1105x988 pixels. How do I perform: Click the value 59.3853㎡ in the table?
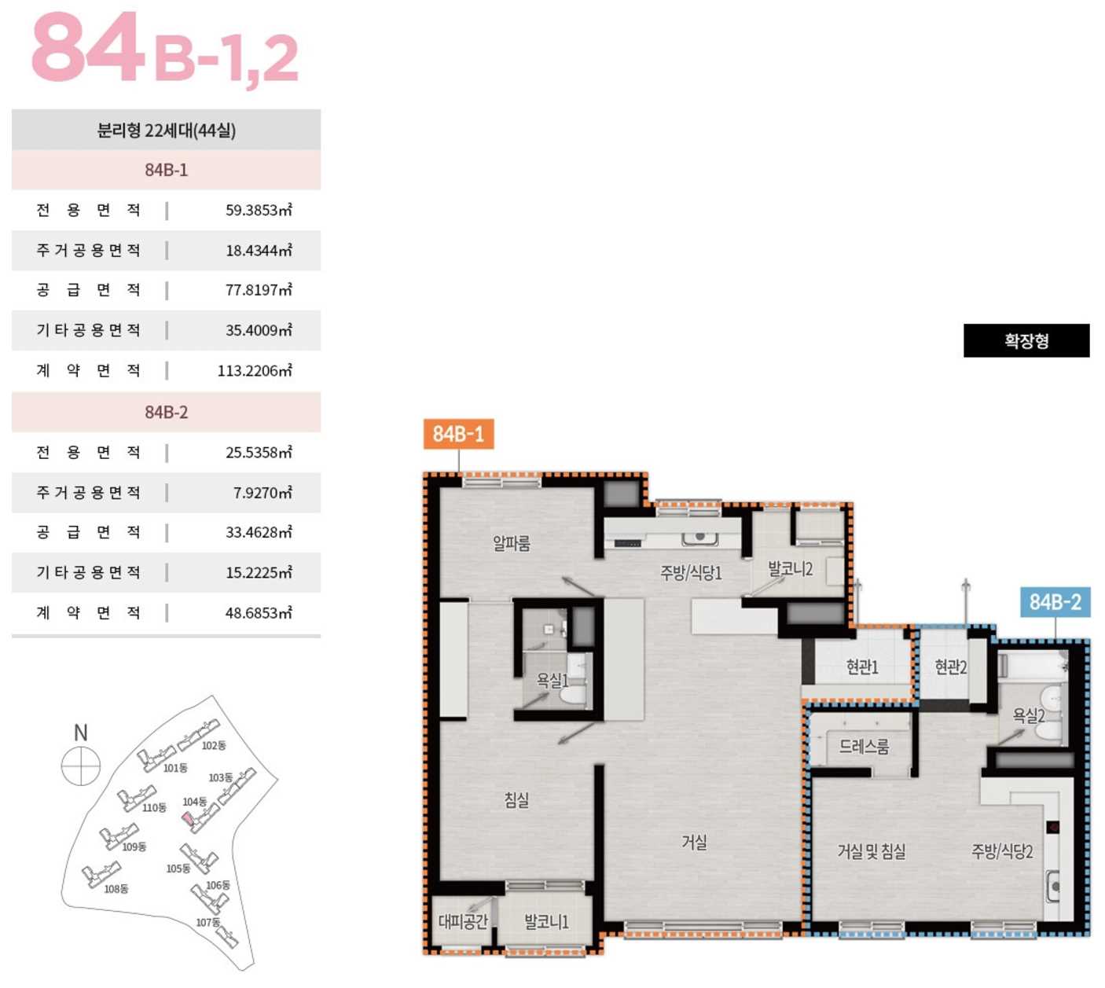click(x=259, y=210)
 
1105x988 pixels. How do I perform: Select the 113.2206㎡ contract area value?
click(x=255, y=370)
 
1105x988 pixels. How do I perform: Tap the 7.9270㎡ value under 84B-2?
click(x=262, y=493)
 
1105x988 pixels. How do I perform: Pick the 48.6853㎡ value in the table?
click(x=259, y=612)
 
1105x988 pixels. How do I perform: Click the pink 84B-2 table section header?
click(x=167, y=412)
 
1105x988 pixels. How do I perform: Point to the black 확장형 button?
click(x=1026, y=340)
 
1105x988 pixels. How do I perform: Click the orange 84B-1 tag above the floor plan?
click(x=459, y=434)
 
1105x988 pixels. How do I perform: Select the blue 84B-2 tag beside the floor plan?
click(x=1055, y=602)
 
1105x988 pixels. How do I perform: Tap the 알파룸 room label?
click(x=511, y=543)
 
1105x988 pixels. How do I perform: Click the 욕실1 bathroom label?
click(x=552, y=680)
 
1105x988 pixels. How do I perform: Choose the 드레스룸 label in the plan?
click(x=864, y=746)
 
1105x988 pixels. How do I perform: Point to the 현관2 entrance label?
click(x=951, y=667)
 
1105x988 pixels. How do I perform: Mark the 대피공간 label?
click(x=463, y=921)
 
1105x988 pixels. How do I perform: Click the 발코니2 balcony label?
click(x=791, y=569)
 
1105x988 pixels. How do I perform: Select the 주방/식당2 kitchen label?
click(x=1003, y=851)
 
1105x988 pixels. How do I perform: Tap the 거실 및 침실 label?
click(x=872, y=851)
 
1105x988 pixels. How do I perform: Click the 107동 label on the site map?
click(x=208, y=922)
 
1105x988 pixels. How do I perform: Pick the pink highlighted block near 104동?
click(x=187, y=817)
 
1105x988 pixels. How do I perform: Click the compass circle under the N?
click(x=81, y=766)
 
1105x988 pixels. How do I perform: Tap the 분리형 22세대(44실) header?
click(x=167, y=130)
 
